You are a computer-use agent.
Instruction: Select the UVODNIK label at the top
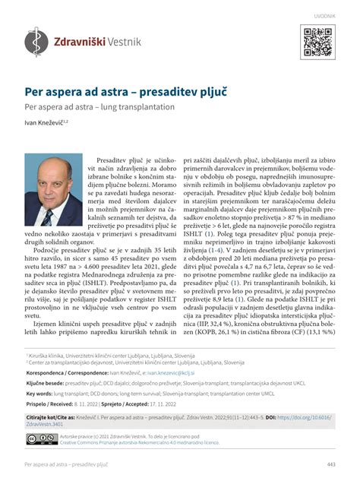[324, 14]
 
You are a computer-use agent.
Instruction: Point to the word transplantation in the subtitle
[147, 107]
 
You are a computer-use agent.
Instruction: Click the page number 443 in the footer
[331, 464]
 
